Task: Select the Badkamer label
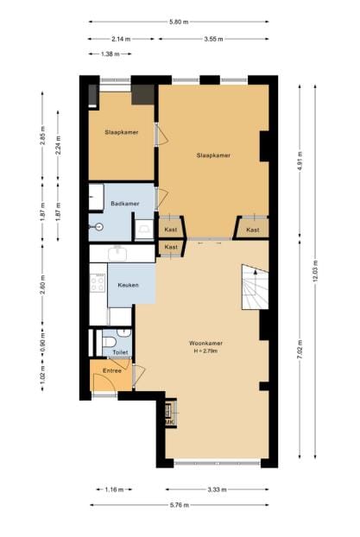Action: pos(124,204)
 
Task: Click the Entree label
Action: pos(112,370)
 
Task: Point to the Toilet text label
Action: pos(120,352)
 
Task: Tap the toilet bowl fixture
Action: pos(109,344)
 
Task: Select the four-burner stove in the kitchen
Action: pos(98,282)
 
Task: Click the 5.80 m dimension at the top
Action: pos(180,20)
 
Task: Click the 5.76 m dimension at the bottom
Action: pos(180,507)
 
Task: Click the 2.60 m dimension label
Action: pos(43,288)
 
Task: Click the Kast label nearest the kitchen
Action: pos(171,248)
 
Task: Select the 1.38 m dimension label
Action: pos(110,54)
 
